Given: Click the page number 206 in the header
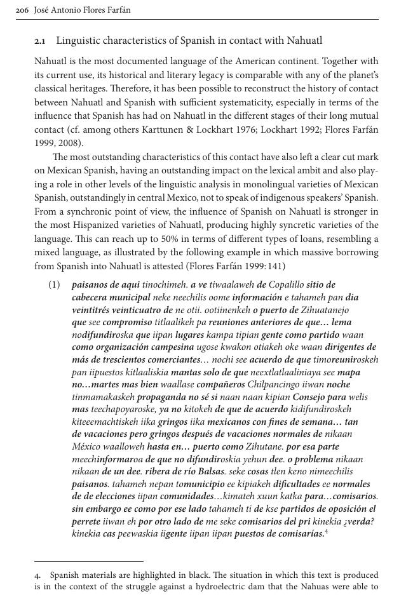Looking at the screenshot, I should click(22, 10).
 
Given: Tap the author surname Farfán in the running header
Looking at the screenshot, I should click(117, 10).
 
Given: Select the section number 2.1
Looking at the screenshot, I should click(39, 41).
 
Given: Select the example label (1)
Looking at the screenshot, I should click(54, 285).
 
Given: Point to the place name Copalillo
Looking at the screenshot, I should click(286, 285).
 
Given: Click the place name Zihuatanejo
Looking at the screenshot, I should click(324, 310).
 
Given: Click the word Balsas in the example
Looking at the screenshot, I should click(209, 471).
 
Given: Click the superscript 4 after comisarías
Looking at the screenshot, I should click(326, 531).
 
